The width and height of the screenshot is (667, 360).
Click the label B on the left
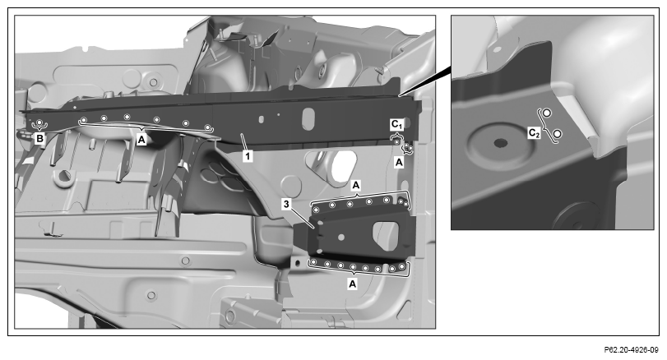pyautogui.click(x=39, y=139)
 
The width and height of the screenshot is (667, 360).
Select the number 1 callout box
pyautogui.click(x=248, y=156)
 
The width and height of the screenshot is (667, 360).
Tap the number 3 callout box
pyautogui.click(x=286, y=205)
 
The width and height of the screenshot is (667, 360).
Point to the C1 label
pyautogui.click(x=396, y=125)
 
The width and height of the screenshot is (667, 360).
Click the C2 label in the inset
pyautogui.click(x=535, y=133)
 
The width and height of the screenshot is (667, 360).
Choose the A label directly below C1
pyautogui.click(x=399, y=163)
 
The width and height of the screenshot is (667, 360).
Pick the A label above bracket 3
pyautogui.click(x=356, y=185)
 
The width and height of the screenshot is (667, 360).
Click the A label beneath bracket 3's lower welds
pyautogui.click(x=352, y=284)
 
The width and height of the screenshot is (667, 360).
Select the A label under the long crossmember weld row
pyautogui.click(x=141, y=139)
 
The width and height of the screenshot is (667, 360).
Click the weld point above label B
pyautogui.click(x=39, y=122)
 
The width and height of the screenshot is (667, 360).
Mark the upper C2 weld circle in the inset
pyautogui.click(x=547, y=113)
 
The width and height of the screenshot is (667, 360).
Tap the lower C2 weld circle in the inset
pyautogui.click(x=558, y=134)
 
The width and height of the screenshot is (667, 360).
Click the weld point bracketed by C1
pyautogui.click(x=397, y=141)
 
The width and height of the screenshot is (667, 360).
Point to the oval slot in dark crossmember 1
pyautogui.click(x=308, y=118)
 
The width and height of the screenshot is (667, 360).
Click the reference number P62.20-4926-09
pyautogui.click(x=632, y=350)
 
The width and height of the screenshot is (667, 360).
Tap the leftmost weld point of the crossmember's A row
pyautogui.click(x=84, y=120)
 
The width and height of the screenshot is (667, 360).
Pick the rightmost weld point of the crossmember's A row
pyautogui.click(x=207, y=127)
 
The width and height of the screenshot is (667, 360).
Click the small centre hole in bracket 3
pyautogui.click(x=341, y=238)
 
